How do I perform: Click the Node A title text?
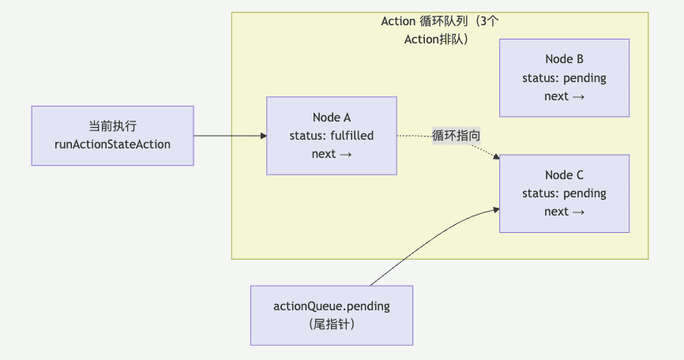[332, 118]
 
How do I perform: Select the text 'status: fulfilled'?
[332, 136]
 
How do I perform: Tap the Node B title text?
[564, 59]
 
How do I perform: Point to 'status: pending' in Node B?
[564, 78]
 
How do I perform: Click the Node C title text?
[564, 175]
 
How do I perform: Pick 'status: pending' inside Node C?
[564, 193]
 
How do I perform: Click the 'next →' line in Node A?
[332, 154]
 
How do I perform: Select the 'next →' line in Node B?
[564, 96]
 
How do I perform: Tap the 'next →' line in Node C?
[564, 212]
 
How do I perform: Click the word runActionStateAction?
[112, 144]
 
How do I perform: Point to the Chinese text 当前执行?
[112, 126]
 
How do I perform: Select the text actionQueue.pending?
[332, 306]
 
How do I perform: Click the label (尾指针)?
[332, 324]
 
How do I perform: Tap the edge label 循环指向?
[456, 136]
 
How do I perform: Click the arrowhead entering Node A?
[264, 136]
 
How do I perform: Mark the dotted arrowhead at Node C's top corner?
[497, 156]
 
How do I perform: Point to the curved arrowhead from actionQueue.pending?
[497, 210]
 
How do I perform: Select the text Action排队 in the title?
[427, 39]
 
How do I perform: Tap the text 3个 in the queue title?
[489, 21]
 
